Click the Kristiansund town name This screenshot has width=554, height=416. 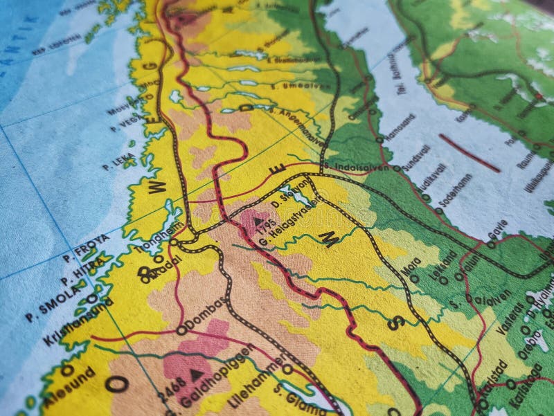click(69, 322)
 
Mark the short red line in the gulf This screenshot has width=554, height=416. click(469, 153)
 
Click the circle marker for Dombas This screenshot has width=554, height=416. click(182, 330)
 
